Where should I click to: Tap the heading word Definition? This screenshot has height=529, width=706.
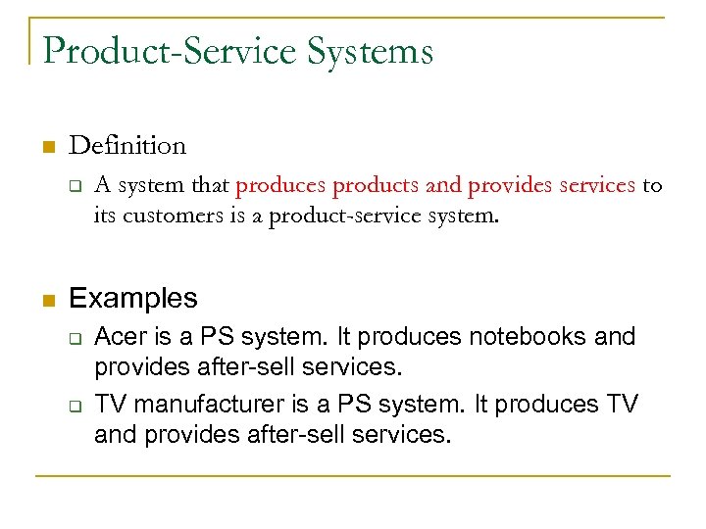[x=127, y=146]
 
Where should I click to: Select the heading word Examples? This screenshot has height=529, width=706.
[x=133, y=298]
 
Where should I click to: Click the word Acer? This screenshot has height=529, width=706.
[x=120, y=337]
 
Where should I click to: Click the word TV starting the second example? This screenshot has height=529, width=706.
[x=109, y=405]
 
